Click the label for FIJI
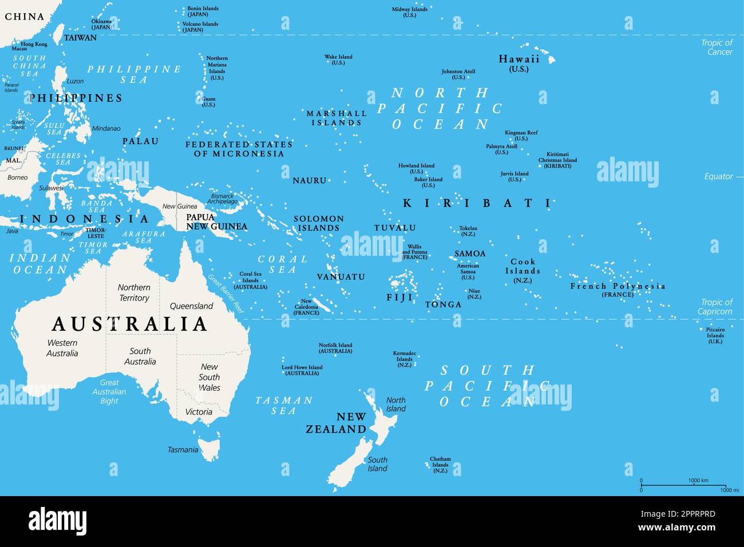coord(399,298)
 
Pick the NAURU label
coord(310,180)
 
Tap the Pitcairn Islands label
coord(715,335)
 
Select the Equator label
coord(718,176)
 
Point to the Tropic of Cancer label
coord(717,47)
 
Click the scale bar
coord(690,485)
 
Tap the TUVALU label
coord(395,228)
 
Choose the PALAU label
coord(140,141)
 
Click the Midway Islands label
coord(410,12)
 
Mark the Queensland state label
coord(191,306)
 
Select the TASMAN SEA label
coord(284,405)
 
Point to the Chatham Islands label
coord(440,464)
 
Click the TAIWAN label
coord(80,38)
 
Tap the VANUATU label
coord(341,277)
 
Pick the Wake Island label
coord(338,60)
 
